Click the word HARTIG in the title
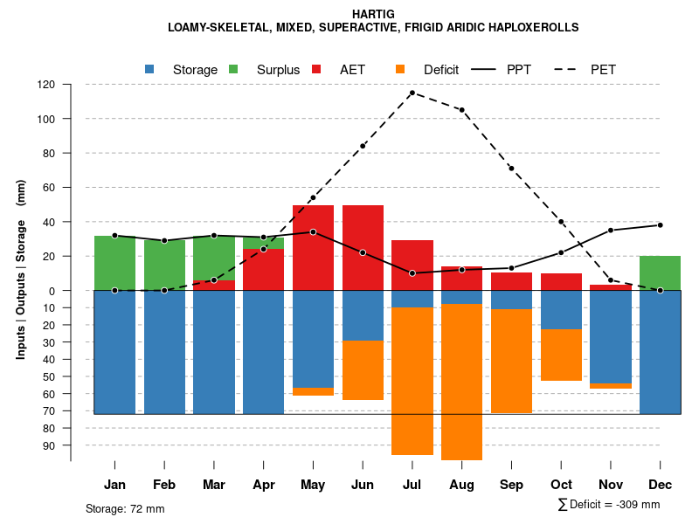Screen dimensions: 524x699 tap(373, 14)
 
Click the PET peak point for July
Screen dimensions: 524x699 tap(412, 93)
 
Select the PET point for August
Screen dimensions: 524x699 tap(461, 110)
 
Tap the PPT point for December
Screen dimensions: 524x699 tap(661, 225)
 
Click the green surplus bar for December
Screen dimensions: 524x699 tap(660, 272)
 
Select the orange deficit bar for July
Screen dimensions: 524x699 tap(412, 381)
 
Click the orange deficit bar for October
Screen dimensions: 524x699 tap(561, 355)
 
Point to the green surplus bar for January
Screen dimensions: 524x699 tap(114, 263)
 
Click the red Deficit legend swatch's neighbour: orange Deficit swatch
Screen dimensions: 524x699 tap(400, 69)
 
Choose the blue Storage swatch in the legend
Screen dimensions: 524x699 tap(149, 69)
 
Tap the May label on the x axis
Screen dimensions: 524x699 tap(313, 485)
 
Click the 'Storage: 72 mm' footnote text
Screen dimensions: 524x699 tap(125, 508)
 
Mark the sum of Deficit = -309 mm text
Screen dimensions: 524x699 tap(608, 505)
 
